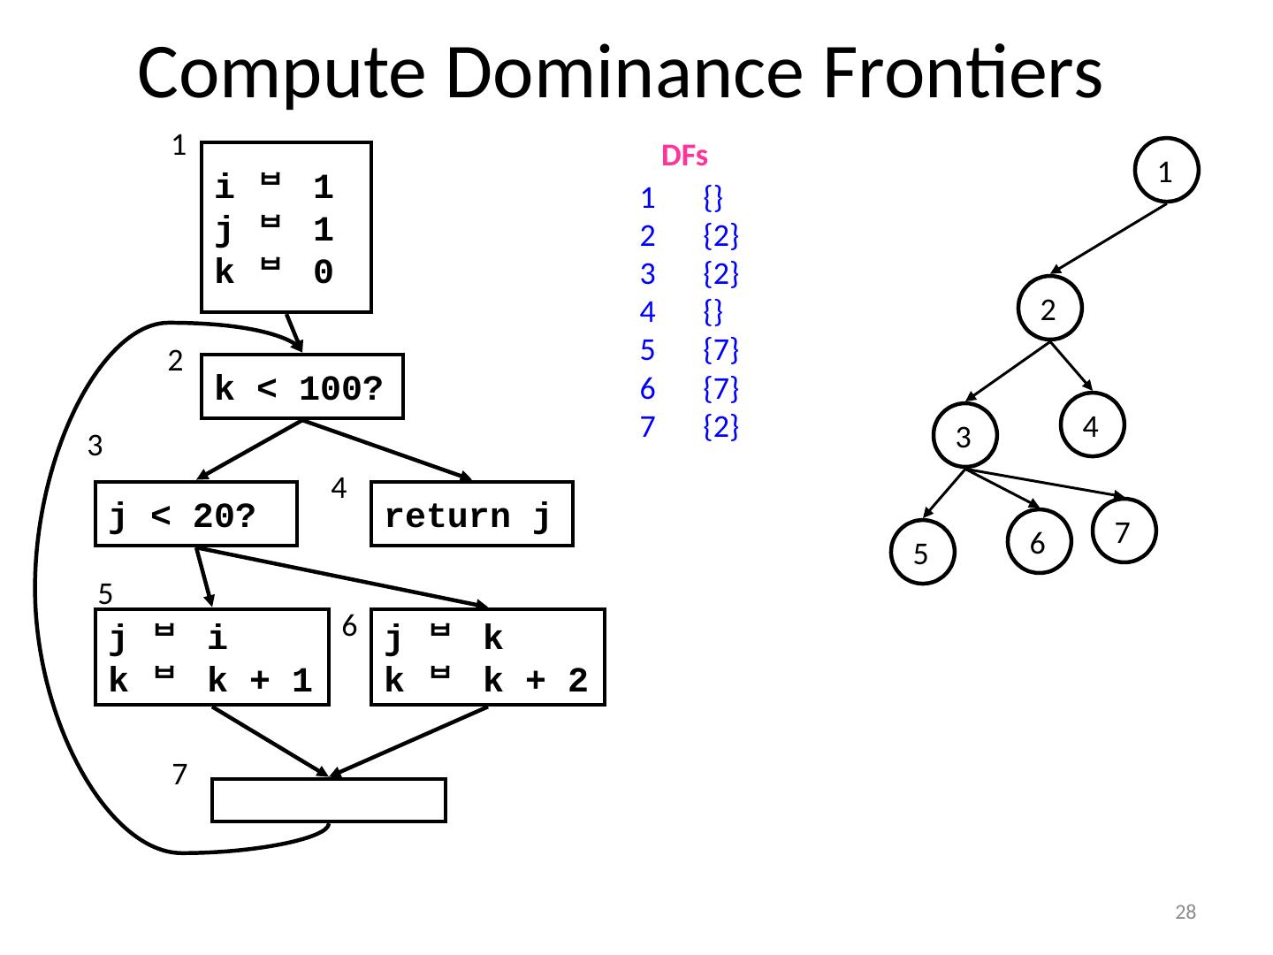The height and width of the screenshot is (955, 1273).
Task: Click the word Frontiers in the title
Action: [x=962, y=73]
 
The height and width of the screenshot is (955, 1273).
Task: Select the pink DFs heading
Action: [x=684, y=156]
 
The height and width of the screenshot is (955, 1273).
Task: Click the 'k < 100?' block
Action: [x=302, y=386]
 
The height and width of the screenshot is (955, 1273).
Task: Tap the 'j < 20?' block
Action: [x=196, y=514]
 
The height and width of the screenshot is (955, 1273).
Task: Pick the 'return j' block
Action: [x=472, y=514]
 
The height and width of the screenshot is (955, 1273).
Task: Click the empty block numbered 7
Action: [x=329, y=800]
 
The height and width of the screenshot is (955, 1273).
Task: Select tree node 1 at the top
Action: [x=1166, y=170]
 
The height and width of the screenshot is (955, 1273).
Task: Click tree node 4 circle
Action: [x=1092, y=425]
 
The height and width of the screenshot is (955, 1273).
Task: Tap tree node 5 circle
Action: [x=922, y=552]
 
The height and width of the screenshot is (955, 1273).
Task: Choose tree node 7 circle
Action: [x=1124, y=531]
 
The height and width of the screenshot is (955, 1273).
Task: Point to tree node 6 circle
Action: [x=1040, y=541]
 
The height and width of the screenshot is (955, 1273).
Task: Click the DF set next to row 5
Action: [x=720, y=349]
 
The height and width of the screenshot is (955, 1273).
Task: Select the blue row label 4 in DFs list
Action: [x=648, y=312]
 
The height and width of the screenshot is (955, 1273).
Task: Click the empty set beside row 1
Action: [x=713, y=198]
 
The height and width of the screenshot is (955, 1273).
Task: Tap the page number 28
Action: [x=1185, y=912]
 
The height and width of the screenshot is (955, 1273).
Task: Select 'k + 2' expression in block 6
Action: [x=536, y=680]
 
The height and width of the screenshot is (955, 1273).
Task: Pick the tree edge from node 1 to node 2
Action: [x=1109, y=239]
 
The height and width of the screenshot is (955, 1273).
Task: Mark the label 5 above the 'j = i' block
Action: [x=105, y=593]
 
